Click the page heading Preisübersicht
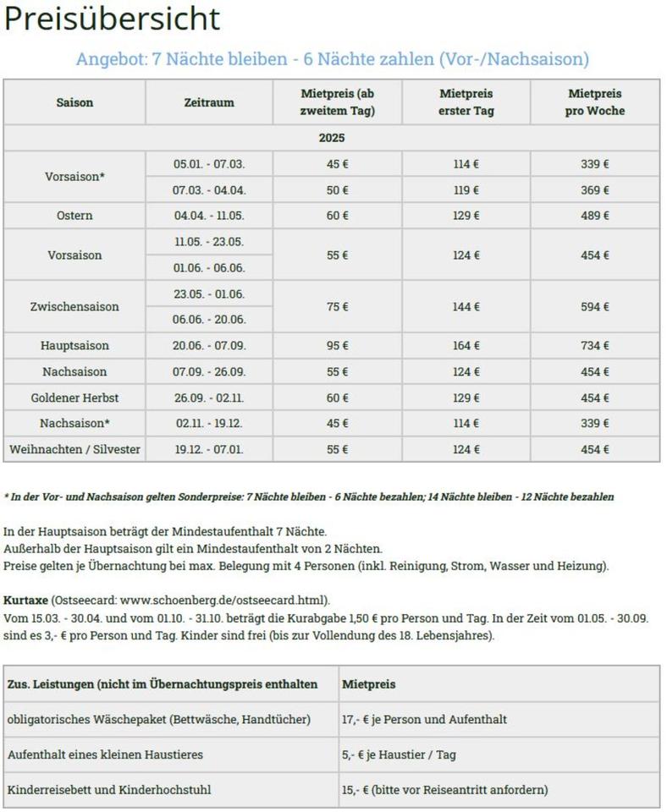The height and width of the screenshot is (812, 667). tap(112, 19)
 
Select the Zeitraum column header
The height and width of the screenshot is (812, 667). tap(208, 102)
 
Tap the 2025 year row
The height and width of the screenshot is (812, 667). tap(332, 138)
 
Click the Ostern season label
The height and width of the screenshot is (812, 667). tap(74, 216)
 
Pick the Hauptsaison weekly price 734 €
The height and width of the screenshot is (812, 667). tap(595, 346)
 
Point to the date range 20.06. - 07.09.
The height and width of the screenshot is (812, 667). tap(209, 346)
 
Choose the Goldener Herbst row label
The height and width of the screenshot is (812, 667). tap(74, 398)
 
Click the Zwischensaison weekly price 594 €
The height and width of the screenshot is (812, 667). tap(595, 307)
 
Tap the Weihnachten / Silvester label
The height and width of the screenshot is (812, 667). tap(74, 449)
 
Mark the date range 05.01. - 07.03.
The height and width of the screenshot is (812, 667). tap(209, 164)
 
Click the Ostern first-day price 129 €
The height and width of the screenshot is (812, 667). tap(466, 216)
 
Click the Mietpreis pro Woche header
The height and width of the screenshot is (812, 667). tap(595, 102)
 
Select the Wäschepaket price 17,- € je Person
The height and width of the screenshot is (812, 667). tap(424, 720)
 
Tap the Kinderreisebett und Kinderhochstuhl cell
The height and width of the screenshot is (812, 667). tap(109, 790)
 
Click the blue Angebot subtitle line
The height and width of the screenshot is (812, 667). tap(332, 59)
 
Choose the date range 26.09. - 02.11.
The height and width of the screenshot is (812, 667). tap(209, 398)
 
